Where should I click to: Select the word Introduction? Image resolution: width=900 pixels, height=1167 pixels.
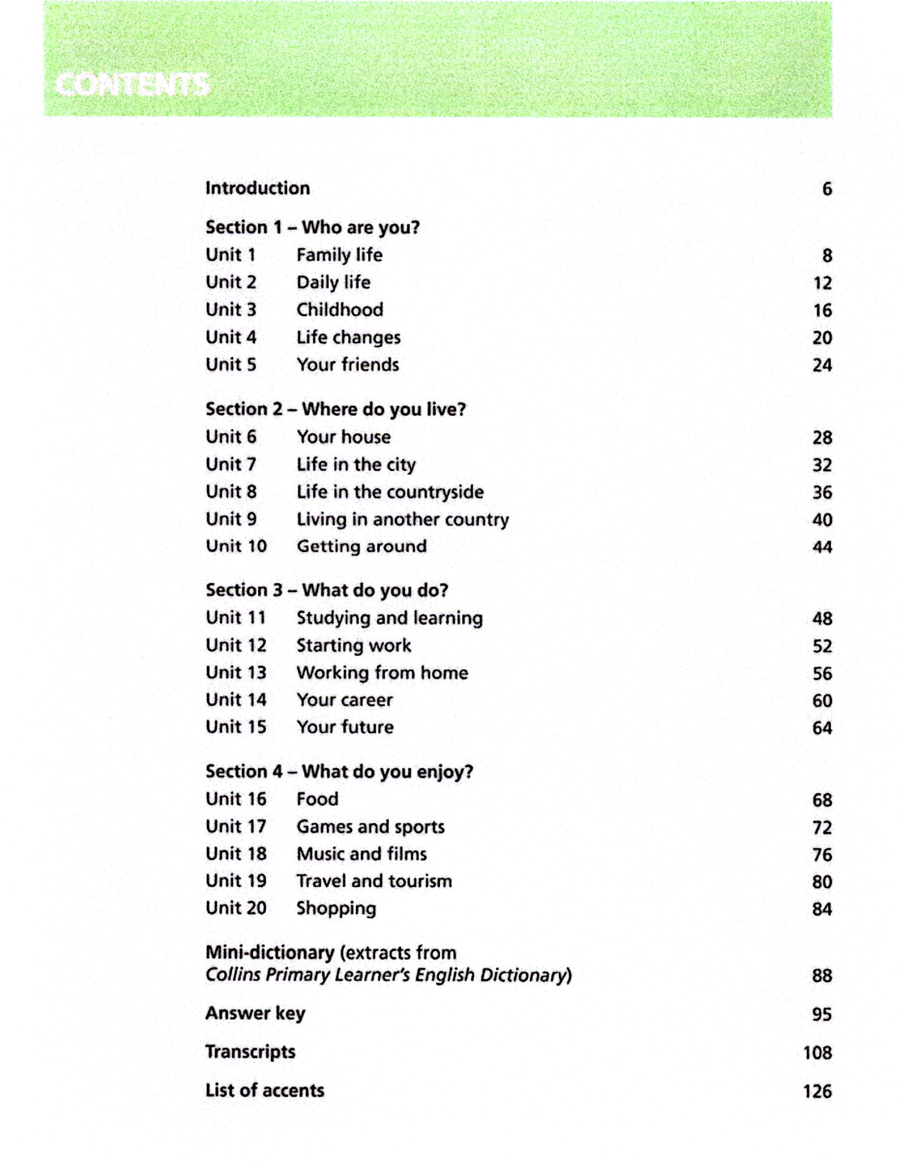257,188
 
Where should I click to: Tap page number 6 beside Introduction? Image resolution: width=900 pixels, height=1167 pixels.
826,189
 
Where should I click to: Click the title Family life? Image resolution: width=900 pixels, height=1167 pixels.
339,255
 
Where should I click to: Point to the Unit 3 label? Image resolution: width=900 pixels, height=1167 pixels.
231,310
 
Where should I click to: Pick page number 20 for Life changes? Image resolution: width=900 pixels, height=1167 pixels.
822,338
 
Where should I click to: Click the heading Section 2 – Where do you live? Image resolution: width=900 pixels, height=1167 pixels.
335,409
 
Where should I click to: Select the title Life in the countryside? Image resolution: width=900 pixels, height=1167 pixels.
390,492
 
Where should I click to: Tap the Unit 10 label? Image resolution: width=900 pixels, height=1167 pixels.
236,546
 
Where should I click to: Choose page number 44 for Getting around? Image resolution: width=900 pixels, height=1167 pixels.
822,547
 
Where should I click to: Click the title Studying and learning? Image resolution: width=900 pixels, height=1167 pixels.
389,618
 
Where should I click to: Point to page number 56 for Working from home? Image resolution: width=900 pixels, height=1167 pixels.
822,674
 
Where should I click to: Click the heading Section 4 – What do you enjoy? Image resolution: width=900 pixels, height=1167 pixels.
339,772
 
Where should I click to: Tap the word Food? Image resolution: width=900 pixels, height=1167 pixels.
317,799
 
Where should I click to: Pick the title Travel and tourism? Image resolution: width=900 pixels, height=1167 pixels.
374,881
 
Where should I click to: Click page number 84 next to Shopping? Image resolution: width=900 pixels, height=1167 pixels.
822,909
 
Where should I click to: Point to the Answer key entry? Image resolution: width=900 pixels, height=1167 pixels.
255,1013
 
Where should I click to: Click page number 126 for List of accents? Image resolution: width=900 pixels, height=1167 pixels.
817,1091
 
